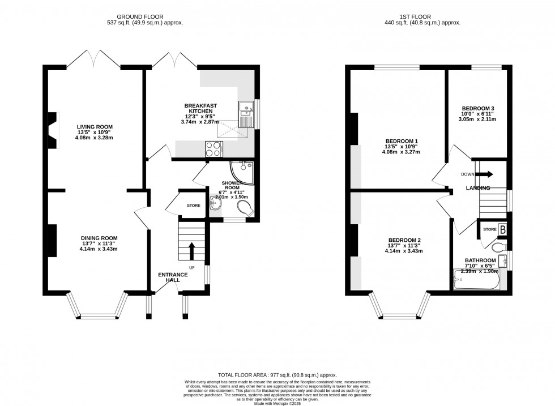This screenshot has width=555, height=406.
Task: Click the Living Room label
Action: [x=95, y=127]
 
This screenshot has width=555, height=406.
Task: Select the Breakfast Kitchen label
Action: [x=200, y=109]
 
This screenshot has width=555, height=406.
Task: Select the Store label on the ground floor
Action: [x=194, y=206]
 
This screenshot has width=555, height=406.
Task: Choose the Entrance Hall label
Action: [x=173, y=277]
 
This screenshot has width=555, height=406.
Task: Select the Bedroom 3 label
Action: [x=478, y=109]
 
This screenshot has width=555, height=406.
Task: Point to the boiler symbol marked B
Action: [x=502, y=229]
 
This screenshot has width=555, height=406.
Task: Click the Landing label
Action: [x=478, y=187]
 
